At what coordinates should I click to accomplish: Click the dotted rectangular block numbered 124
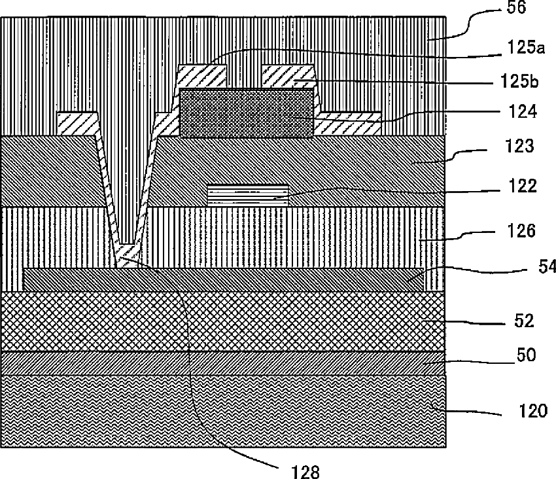point(246,113)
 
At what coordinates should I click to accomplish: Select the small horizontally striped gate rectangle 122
point(247,193)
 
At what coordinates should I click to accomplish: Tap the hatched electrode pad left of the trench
point(77,122)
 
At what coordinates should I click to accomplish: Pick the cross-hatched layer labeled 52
point(222,321)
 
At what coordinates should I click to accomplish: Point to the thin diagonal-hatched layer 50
point(222,363)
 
